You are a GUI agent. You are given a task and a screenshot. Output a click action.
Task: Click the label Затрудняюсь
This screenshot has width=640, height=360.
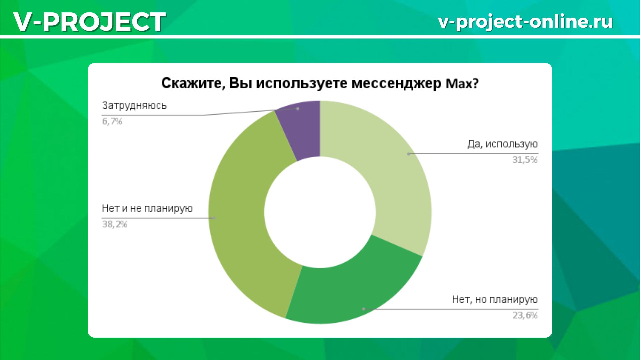(134, 106)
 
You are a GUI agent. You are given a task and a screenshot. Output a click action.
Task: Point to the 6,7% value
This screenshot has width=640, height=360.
(112, 121)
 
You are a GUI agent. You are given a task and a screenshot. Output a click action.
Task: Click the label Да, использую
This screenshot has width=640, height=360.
(502, 144)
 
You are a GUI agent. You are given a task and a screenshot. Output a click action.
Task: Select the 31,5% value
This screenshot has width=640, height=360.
(525, 160)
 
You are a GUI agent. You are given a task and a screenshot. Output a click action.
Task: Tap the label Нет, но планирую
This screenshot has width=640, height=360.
(495, 300)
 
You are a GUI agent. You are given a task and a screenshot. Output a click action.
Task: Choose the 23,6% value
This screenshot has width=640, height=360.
(525, 315)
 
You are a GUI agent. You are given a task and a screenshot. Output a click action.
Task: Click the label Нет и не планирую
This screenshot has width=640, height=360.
(147, 209)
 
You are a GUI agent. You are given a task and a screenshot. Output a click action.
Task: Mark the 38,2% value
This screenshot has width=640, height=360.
(115, 224)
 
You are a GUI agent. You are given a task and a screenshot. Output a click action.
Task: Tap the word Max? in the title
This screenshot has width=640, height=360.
(462, 83)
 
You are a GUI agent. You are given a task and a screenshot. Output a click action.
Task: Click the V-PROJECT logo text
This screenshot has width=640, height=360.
(89, 22)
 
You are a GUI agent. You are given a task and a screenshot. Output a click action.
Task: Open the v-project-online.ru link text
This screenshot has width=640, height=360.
(525, 22)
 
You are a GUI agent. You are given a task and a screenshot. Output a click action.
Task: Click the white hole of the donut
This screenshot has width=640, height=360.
(320, 212)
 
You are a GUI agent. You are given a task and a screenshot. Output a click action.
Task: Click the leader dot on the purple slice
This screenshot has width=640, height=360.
(298, 109)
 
